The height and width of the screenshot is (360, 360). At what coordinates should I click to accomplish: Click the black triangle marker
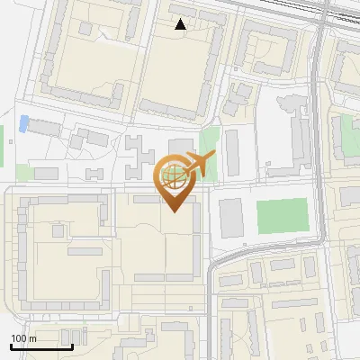tap(181, 24)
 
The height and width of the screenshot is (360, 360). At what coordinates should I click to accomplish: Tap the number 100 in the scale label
tap(19, 338)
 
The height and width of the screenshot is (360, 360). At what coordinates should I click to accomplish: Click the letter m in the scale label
tap(32, 338)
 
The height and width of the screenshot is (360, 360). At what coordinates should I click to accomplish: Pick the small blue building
tap(23, 123)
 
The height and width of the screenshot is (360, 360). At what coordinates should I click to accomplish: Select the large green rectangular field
tap(282, 216)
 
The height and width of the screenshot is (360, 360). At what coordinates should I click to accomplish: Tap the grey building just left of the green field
tap(231, 219)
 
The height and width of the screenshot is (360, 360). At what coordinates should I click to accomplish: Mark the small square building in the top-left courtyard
tap(86, 29)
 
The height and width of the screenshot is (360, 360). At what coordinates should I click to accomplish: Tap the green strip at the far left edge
tap(2, 139)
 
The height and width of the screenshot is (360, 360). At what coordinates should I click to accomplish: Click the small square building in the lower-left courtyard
tap(59, 231)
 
